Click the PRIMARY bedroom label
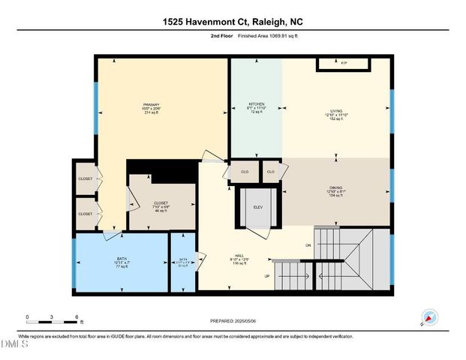(152, 105)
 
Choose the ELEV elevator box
(257, 206)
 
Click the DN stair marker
(308, 245)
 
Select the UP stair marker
(266, 276)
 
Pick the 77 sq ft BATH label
(122, 259)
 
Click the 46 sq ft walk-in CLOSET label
(161, 203)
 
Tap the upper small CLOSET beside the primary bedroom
(86, 178)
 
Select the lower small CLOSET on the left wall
(86, 214)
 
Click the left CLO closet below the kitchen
(244, 172)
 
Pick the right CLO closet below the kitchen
(271, 172)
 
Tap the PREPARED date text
(233, 321)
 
